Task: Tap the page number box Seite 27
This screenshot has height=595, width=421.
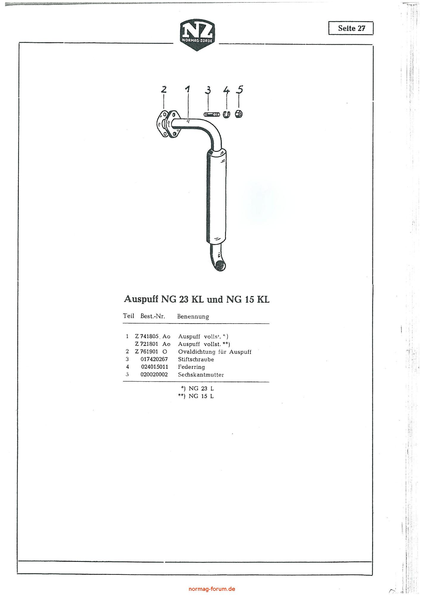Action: coord(351,28)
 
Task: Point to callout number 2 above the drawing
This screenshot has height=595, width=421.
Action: coord(163,89)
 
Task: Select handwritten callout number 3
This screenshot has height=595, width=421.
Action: coord(208,89)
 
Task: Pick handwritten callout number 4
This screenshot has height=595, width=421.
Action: coord(227,89)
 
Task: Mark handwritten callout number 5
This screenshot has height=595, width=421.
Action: coord(240,89)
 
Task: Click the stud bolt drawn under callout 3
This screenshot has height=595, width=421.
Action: coord(212,115)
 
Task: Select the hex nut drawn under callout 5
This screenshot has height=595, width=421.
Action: coord(239,114)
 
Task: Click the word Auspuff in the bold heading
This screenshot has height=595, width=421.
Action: coord(141,299)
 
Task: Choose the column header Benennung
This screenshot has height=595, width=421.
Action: coord(193,316)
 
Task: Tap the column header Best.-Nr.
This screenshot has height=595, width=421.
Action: coord(153,316)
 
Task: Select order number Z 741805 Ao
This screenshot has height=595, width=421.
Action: coord(152,336)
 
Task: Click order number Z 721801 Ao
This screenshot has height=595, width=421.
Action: coord(152,344)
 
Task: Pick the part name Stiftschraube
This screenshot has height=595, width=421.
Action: coord(196,359)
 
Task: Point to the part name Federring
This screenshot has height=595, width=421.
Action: coord(191,367)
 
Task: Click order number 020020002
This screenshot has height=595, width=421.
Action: coord(154,375)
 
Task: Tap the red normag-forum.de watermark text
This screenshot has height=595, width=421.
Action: coord(212,589)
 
